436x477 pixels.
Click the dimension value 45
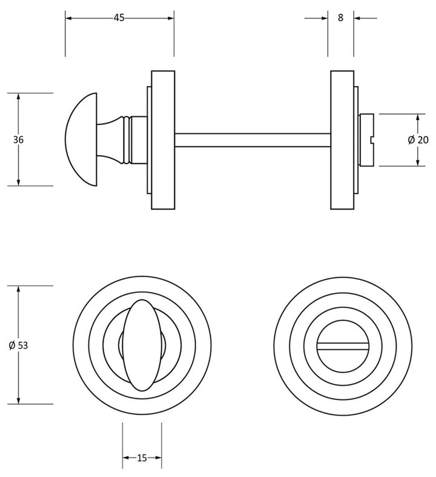(119, 18)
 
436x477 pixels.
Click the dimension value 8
(341, 18)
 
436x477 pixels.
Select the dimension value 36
(18, 139)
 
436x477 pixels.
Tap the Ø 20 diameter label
(418, 140)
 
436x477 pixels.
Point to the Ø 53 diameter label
(19, 345)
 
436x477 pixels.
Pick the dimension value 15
(142, 458)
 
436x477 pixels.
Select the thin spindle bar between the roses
(252, 139)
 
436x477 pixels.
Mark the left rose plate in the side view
(162, 140)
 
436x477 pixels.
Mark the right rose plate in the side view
(342, 140)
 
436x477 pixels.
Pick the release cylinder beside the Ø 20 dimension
(367, 139)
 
